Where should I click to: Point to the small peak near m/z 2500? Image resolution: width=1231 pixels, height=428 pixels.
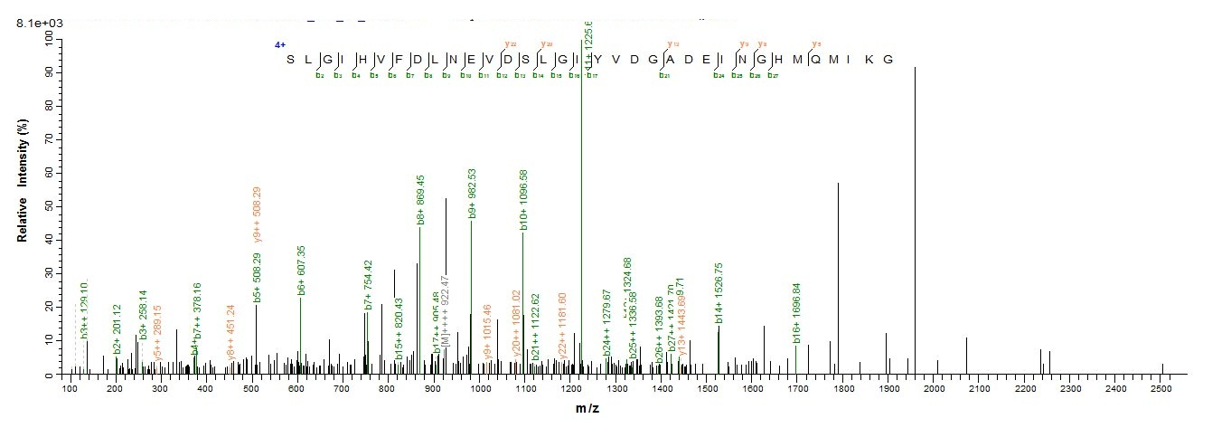coord(1162,368)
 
